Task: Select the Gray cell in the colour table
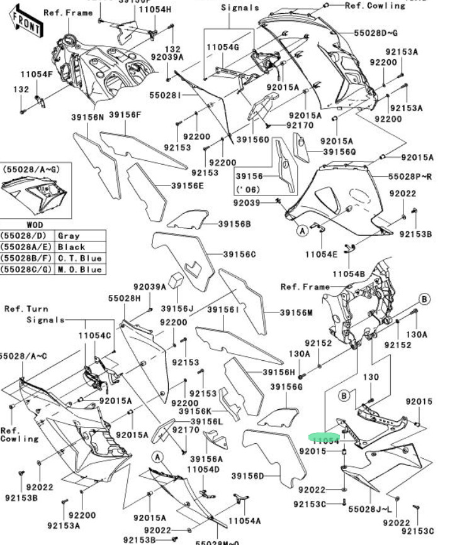pos(69,236)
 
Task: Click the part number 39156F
pos(125,115)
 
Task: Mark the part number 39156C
pos(240,254)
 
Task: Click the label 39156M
pos(296,312)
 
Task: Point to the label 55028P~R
pos(410,177)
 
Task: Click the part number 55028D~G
pos(376,32)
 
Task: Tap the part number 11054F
pos(37,74)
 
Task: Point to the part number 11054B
pos(349,274)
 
